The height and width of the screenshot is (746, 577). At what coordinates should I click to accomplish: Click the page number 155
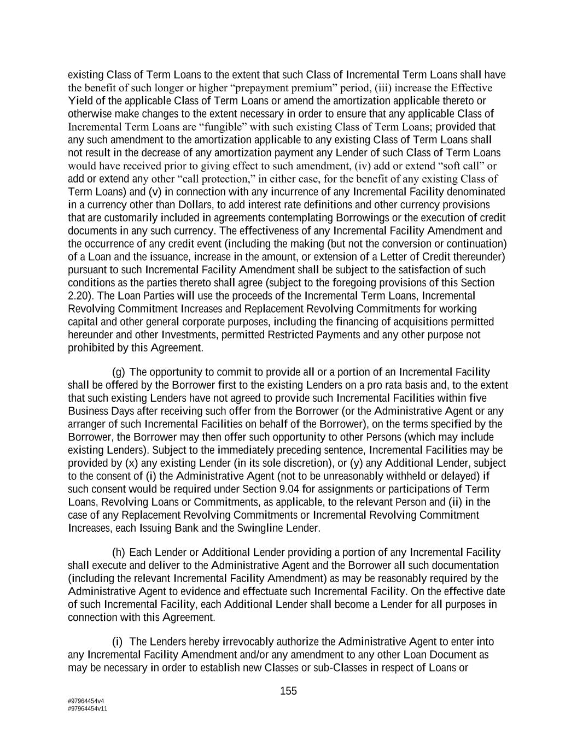(288, 691)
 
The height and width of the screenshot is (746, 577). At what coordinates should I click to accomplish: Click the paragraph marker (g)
(119, 372)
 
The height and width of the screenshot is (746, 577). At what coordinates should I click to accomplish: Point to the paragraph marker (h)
(119, 553)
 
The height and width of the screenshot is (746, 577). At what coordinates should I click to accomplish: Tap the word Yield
(80, 101)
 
